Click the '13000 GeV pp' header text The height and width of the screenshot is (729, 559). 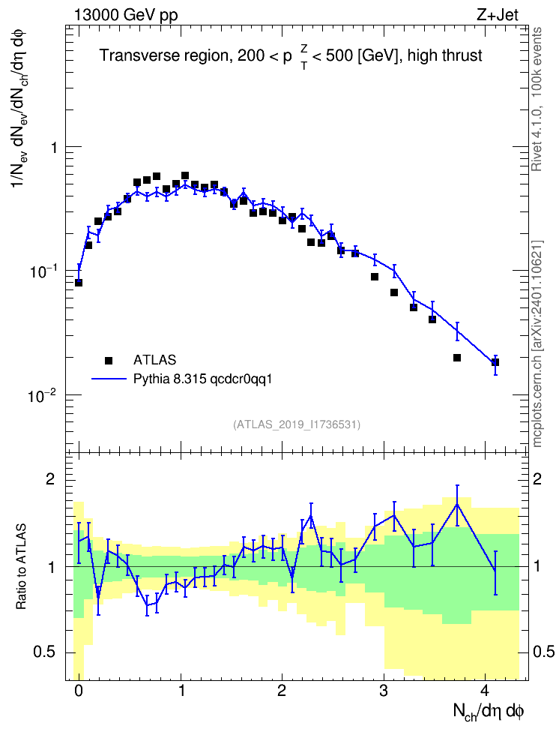pos(125,15)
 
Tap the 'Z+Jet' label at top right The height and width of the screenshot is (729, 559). pos(498,15)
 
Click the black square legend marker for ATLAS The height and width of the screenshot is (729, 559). pos(108,360)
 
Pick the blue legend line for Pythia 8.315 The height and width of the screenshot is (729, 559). pos(109,379)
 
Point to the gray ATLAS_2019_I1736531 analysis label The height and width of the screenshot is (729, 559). pos(297,424)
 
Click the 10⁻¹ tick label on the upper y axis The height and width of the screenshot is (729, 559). pos(43,272)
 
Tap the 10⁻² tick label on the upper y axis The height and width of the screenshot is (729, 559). pos(43,397)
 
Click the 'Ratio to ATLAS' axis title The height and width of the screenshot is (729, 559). pos(22,567)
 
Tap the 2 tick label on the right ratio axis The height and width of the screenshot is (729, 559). pos(537,479)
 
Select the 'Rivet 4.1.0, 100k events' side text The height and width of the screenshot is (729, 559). pos(537,100)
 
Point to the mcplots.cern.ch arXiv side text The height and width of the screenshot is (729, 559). pos(537,343)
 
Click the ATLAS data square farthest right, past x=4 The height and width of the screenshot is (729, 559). pos(495,362)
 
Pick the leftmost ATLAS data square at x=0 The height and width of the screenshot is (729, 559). pos(79,283)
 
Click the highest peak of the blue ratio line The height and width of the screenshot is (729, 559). pos(457,504)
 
